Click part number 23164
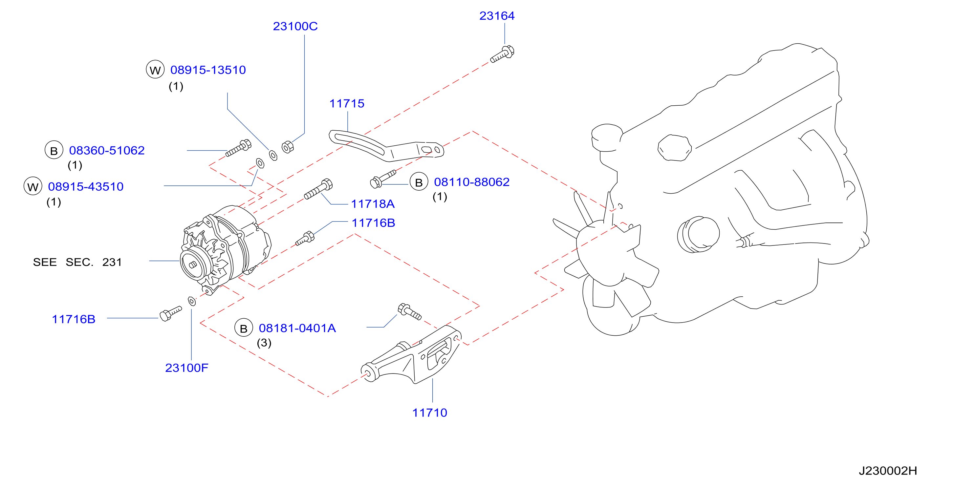click(497, 16)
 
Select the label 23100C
click(295, 26)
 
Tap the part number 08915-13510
click(208, 70)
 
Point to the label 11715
click(347, 104)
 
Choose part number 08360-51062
click(107, 150)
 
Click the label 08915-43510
click(86, 187)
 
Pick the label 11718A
click(373, 204)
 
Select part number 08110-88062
click(471, 182)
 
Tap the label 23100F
click(187, 368)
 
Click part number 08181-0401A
click(297, 328)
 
